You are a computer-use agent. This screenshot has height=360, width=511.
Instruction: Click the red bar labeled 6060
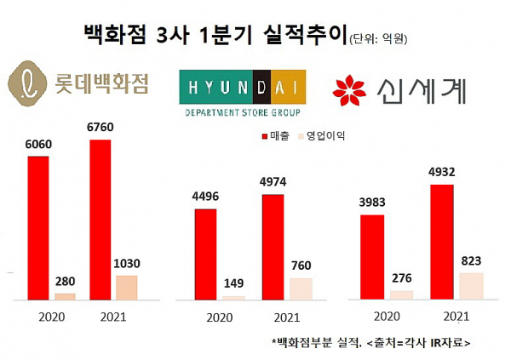39,227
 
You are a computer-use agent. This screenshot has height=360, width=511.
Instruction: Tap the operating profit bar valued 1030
126,287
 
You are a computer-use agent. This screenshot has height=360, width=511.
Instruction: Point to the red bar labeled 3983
372,257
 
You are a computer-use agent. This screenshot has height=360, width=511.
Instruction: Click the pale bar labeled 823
471,286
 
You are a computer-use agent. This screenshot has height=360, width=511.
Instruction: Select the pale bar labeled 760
301,289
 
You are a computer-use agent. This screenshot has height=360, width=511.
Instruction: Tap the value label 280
66,282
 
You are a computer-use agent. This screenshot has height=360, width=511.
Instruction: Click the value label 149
234,285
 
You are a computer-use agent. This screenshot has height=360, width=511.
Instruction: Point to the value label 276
401,278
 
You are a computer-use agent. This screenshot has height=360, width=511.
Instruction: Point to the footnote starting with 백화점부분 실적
371,342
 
